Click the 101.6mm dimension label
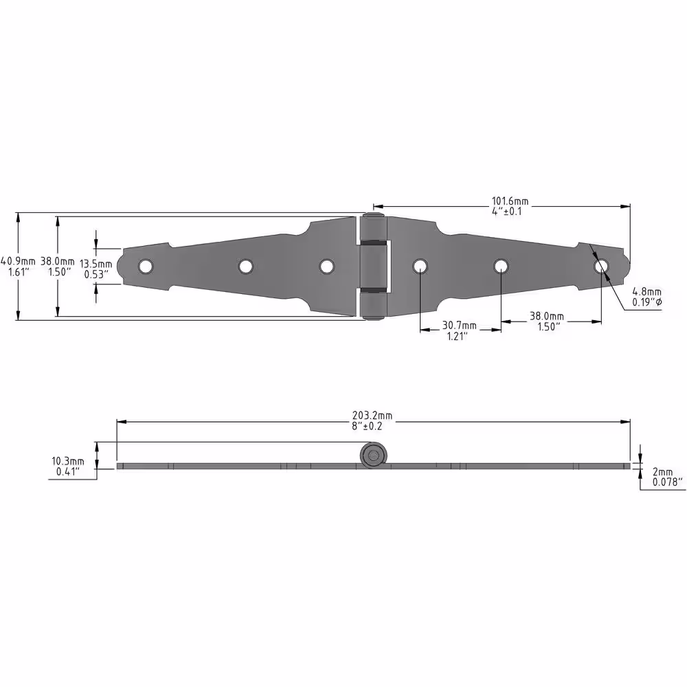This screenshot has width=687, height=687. pyautogui.click(x=510, y=201)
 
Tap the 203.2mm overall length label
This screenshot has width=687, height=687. pyautogui.click(x=372, y=416)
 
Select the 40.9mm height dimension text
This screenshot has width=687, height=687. pyautogui.click(x=18, y=262)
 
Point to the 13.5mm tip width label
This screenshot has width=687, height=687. pyautogui.click(x=96, y=264)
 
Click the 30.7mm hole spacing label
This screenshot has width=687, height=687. pyautogui.click(x=459, y=326)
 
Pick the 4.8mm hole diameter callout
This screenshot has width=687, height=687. pyautogui.click(x=646, y=292)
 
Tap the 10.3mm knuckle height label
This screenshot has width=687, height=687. pyautogui.click(x=68, y=462)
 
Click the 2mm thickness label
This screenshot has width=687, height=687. pyautogui.click(x=662, y=472)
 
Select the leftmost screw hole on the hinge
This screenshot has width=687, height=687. pyautogui.click(x=145, y=266)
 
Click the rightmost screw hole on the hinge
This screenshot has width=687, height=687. pyautogui.click(x=602, y=265)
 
